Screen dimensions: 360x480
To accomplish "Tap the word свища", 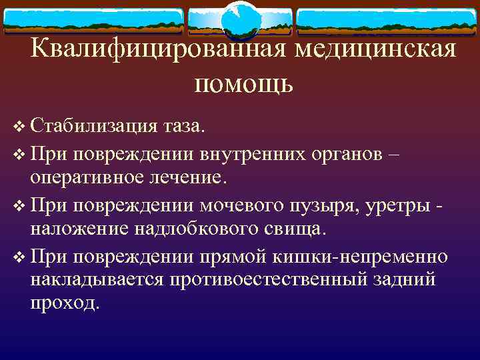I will [x=297, y=229].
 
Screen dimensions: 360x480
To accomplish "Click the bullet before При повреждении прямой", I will [x=19, y=256].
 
